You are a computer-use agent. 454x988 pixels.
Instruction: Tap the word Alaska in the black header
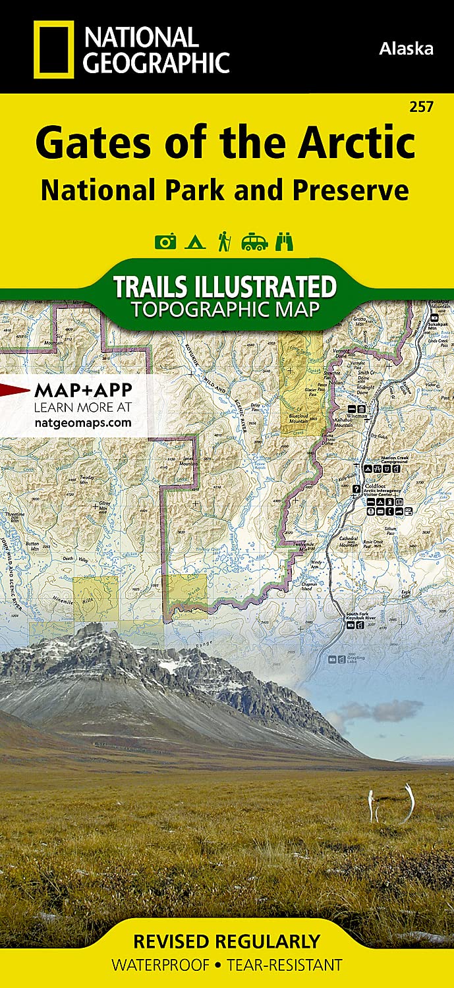point(406,48)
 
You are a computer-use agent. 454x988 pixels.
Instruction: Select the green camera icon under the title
point(165,242)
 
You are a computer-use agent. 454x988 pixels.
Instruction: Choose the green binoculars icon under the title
point(284,242)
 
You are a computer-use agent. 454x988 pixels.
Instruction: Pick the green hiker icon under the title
point(224,242)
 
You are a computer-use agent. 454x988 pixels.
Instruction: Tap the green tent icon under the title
point(194,242)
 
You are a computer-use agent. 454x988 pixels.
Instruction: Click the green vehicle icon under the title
point(254,242)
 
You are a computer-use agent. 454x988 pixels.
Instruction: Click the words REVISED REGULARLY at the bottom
point(226,941)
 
